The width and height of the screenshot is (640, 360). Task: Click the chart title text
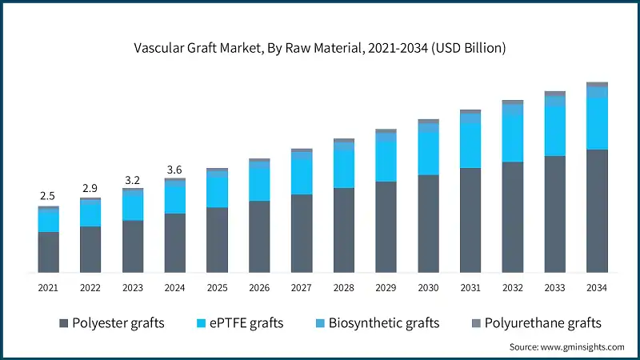pyautogui.click(x=319, y=48)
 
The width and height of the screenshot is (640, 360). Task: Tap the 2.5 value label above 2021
pyautogui.click(x=48, y=196)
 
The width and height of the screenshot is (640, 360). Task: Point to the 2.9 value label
pyautogui.click(x=90, y=188)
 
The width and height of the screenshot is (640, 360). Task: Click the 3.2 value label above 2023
pyautogui.click(x=132, y=179)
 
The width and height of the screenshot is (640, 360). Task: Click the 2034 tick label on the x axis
pyautogui.click(x=597, y=287)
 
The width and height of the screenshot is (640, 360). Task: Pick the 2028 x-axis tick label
pyautogui.click(x=343, y=287)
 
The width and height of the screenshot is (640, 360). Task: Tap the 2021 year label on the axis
pyautogui.click(x=48, y=287)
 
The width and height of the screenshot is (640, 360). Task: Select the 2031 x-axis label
pyautogui.click(x=470, y=287)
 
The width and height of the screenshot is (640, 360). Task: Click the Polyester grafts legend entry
pyautogui.click(x=111, y=323)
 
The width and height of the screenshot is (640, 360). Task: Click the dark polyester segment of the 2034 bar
pyautogui.click(x=597, y=211)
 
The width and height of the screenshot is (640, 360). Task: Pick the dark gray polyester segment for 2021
pyautogui.click(x=48, y=253)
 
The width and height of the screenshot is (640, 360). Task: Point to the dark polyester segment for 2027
pyautogui.click(x=302, y=234)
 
